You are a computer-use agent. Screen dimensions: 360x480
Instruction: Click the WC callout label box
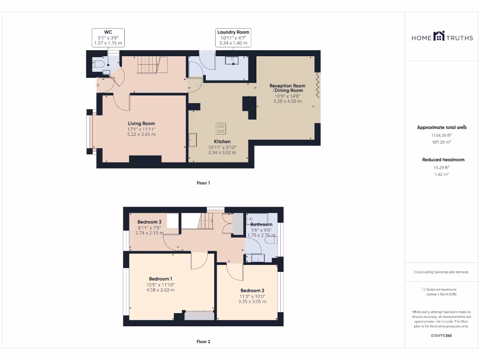click(x=108, y=37)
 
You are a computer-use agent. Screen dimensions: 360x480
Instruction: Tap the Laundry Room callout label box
click(x=233, y=37)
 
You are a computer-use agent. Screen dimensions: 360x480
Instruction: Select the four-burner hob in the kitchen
click(x=220, y=128)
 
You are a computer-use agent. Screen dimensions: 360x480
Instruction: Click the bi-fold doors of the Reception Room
click(x=317, y=85)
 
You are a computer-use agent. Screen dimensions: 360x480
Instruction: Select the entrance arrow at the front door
click(x=97, y=85)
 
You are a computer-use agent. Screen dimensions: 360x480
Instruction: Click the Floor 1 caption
click(x=203, y=183)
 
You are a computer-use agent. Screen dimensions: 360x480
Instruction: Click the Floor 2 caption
click(x=203, y=342)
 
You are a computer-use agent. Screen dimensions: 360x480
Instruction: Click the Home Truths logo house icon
click(x=439, y=36)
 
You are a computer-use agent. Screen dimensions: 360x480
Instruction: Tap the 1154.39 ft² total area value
click(x=442, y=135)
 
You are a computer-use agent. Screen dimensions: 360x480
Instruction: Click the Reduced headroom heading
click(x=443, y=160)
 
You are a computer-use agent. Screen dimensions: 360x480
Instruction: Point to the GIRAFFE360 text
click(x=442, y=336)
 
